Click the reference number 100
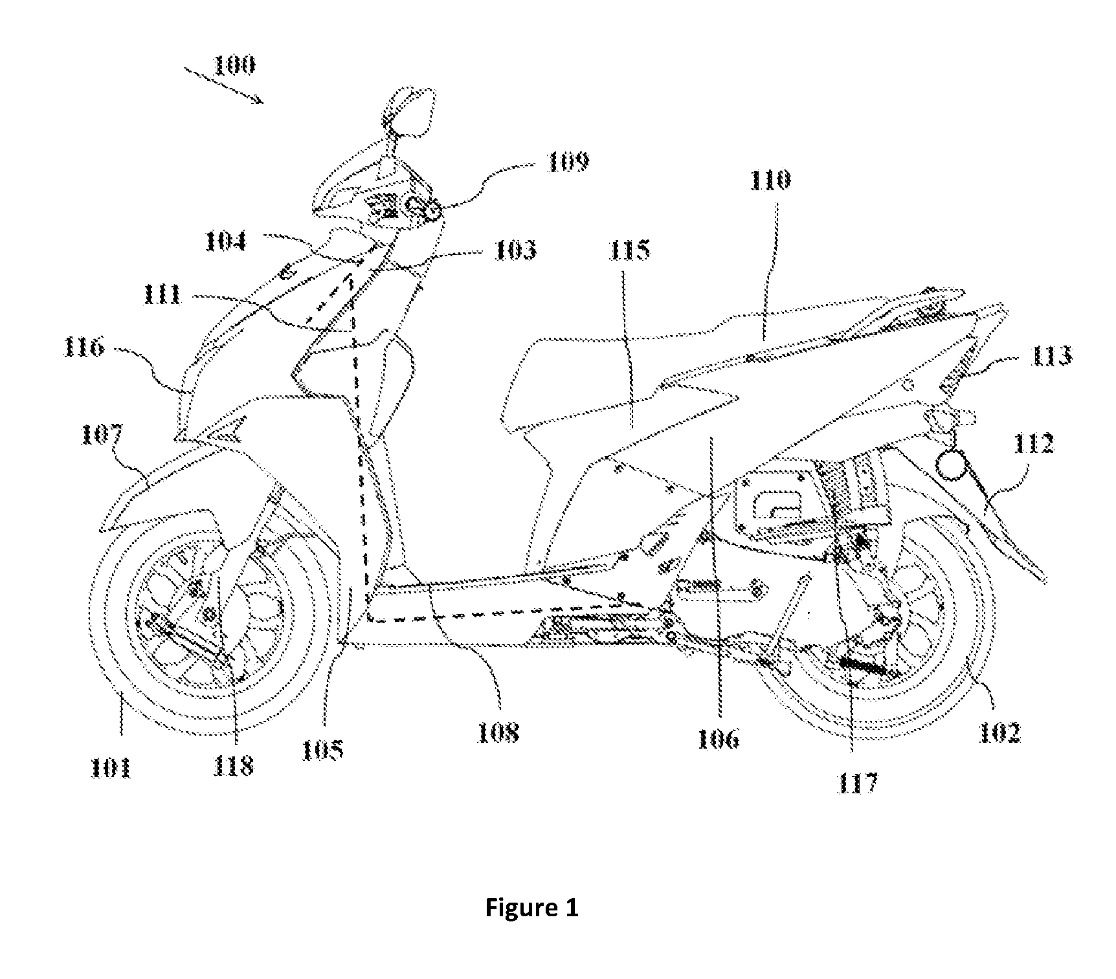(x=234, y=65)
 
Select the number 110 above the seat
(x=770, y=179)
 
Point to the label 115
(x=629, y=250)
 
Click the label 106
(x=718, y=738)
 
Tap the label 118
(x=234, y=766)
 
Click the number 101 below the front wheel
(x=111, y=768)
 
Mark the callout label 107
(x=102, y=434)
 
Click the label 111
(x=162, y=296)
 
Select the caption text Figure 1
(x=531, y=908)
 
